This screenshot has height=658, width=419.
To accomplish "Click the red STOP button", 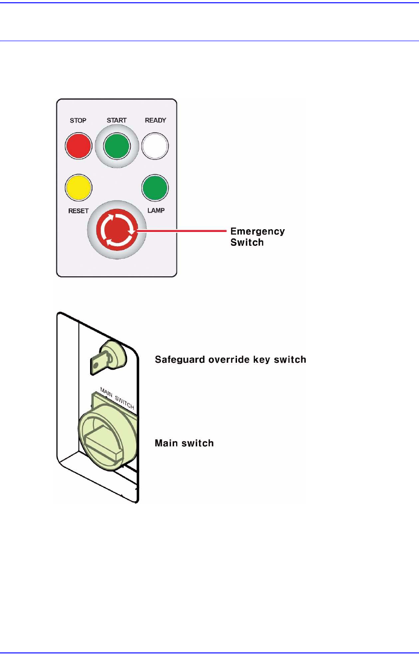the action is click(x=79, y=146).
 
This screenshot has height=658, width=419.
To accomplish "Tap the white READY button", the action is click(x=155, y=146).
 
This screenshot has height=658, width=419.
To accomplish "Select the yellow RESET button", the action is click(x=79, y=187).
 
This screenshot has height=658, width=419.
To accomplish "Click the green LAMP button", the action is click(x=155, y=187).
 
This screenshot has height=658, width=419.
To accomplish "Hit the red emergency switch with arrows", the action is click(x=117, y=230).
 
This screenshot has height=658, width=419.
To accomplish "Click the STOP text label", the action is click(x=78, y=121).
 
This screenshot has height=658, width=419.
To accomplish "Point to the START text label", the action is click(x=116, y=120).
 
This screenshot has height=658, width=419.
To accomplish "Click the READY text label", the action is click(x=155, y=120).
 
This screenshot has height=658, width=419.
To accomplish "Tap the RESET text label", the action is click(x=78, y=211).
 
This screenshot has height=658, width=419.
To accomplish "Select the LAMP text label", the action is click(x=156, y=210).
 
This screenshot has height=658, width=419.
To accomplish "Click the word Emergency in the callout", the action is click(x=257, y=232).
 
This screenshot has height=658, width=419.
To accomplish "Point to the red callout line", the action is click(x=185, y=230).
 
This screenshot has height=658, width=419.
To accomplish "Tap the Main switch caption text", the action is click(x=184, y=443).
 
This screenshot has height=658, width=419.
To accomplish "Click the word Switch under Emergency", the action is click(x=247, y=243).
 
